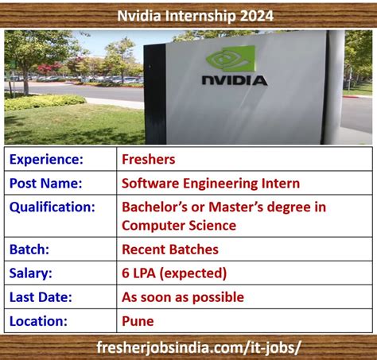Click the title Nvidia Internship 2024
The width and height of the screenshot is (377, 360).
pyautogui.click(x=196, y=16)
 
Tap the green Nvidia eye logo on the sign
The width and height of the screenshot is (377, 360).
pyautogui.click(x=231, y=58)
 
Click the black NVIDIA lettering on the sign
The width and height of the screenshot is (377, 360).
pyautogui.click(x=235, y=80)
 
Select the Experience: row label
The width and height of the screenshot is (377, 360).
pyautogui.click(x=46, y=160)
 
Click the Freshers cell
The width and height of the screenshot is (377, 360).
pyautogui.click(x=149, y=160)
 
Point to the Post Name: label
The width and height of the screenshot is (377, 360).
pyautogui.click(x=46, y=184)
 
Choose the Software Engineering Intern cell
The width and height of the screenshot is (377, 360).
pyautogui.click(x=211, y=184)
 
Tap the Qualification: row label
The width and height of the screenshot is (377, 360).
pyautogui.click(x=52, y=207)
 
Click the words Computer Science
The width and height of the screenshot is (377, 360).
pyautogui.click(x=179, y=226)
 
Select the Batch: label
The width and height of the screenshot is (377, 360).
pyautogui.click(x=29, y=250)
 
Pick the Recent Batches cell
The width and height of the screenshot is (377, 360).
pyautogui.click(x=170, y=250)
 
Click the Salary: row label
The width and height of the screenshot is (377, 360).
pyautogui.click(x=31, y=273)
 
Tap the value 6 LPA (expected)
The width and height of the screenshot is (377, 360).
pyautogui.click(x=174, y=273)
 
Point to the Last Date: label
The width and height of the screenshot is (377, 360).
pyautogui.click(x=41, y=297)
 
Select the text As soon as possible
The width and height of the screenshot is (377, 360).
pyautogui.click(x=183, y=297)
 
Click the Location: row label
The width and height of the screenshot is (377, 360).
pyautogui.click(x=38, y=321)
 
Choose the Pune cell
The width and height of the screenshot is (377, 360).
pyautogui.click(x=138, y=321)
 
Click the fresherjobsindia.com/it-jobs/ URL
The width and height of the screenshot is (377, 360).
pyautogui.click(x=199, y=347)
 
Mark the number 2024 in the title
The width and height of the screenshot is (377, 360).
pyautogui.click(x=257, y=16)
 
